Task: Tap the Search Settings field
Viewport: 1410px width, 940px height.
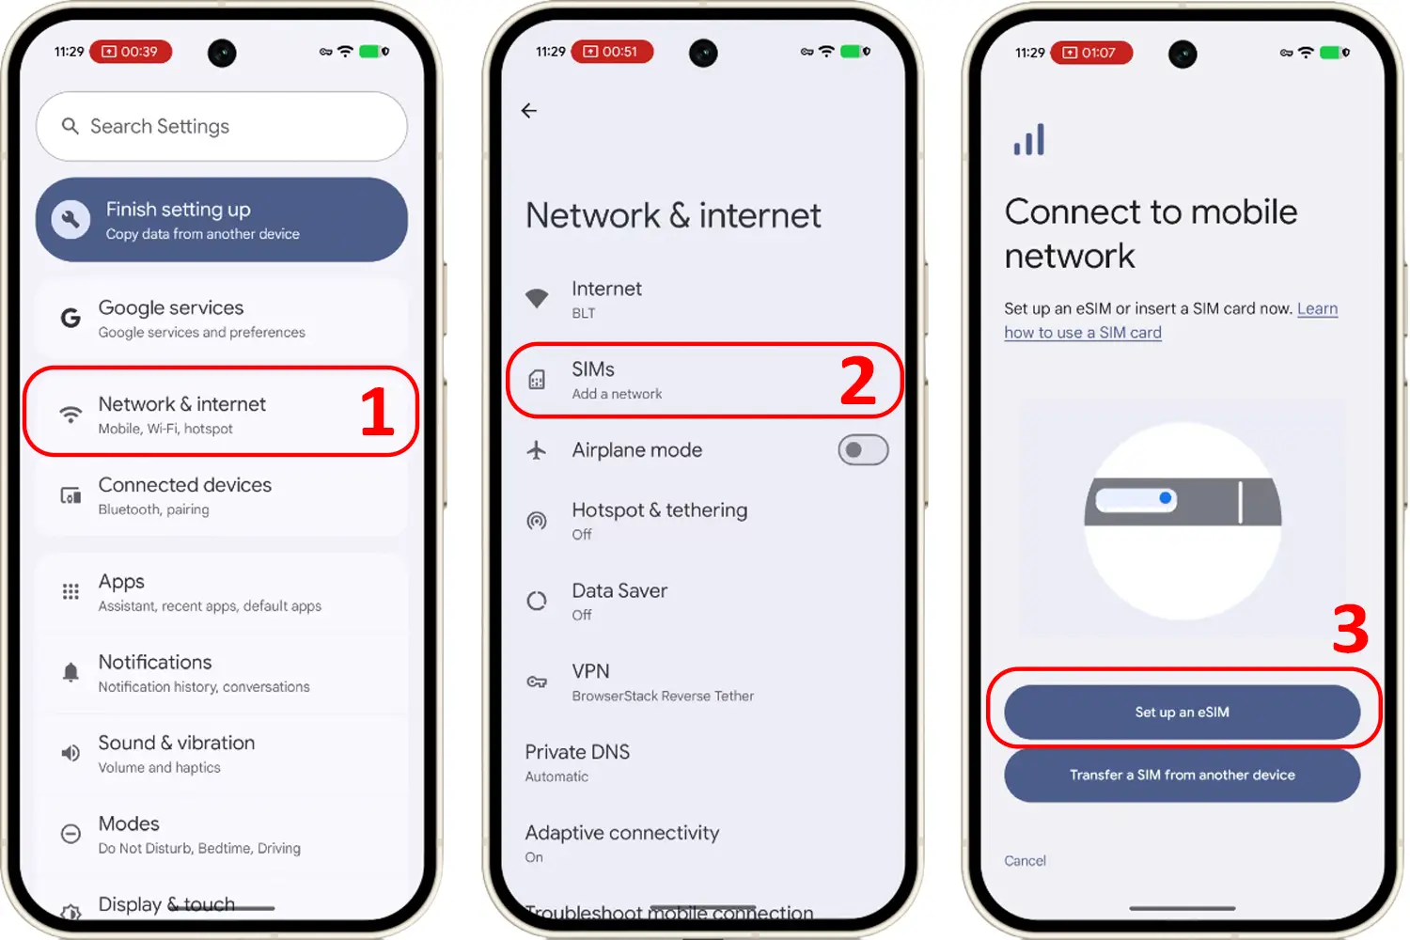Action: [222, 126]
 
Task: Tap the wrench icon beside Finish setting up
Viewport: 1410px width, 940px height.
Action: [70, 220]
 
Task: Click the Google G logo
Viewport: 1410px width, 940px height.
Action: [70, 318]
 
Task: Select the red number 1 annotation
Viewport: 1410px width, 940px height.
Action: [377, 411]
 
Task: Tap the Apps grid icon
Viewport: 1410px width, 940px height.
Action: [70, 592]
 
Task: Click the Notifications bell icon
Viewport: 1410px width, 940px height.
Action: [70, 672]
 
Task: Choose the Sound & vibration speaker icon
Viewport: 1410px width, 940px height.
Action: [70, 753]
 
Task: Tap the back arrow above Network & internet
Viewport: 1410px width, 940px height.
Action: [528, 111]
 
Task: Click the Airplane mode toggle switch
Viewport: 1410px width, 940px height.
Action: [863, 450]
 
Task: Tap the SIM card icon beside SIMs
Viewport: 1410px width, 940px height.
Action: [537, 380]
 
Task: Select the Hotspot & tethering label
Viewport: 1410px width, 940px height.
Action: [660, 510]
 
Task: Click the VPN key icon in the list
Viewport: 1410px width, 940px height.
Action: [537, 681]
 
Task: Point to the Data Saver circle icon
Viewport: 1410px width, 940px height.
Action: [537, 602]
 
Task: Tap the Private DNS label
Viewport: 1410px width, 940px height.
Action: [577, 752]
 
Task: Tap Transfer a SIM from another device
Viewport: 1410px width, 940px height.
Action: [1183, 775]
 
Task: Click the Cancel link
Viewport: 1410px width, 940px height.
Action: [1025, 861]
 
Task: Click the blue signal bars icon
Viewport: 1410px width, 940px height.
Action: [1029, 139]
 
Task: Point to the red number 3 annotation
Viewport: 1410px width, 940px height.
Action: [1350, 628]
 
